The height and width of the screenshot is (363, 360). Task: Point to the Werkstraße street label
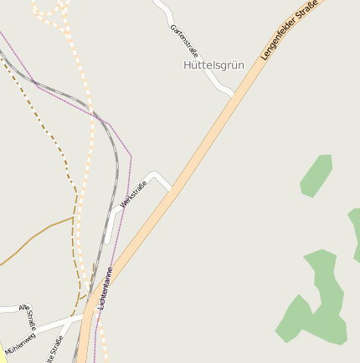click(x=133, y=193)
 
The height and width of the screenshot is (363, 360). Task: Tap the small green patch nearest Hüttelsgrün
click(x=316, y=176)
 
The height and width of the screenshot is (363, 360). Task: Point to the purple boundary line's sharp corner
click(x=131, y=156)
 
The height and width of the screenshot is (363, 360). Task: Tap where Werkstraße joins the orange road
click(x=171, y=189)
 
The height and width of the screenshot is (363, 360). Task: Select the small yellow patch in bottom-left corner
click(x=2, y=349)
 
